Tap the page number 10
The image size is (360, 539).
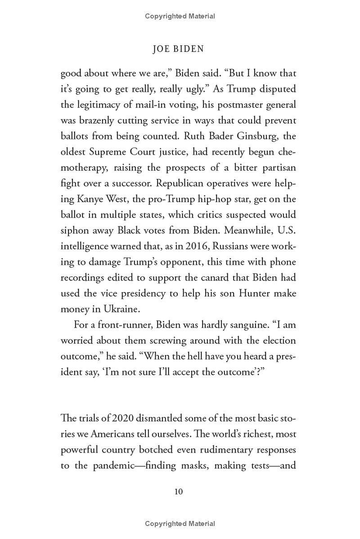click(x=178, y=491)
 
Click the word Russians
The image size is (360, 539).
click(x=232, y=246)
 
